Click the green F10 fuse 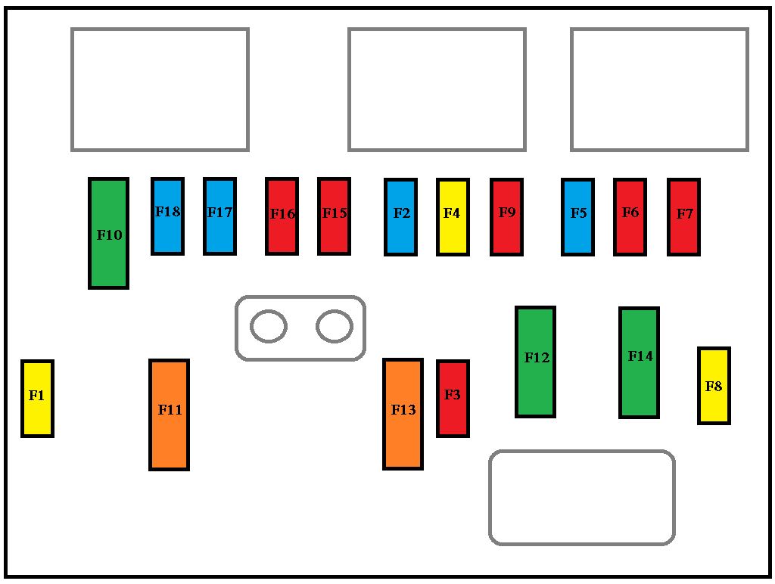point(108,233)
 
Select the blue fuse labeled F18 point(167,216)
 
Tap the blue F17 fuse point(219,216)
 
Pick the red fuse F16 point(282,216)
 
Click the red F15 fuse point(334,216)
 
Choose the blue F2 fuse point(401,217)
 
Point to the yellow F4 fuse point(453,217)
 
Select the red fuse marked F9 point(506,217)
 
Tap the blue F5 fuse point(577,217)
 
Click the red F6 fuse point(630,217)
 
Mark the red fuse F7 point(683,217)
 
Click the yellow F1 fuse point(37,399)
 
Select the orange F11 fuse point(169,415)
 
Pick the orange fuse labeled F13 point(403,414)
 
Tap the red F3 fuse point(453,399)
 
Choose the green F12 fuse point(535,362)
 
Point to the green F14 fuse point(639,362)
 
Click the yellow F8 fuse point(714,386)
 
